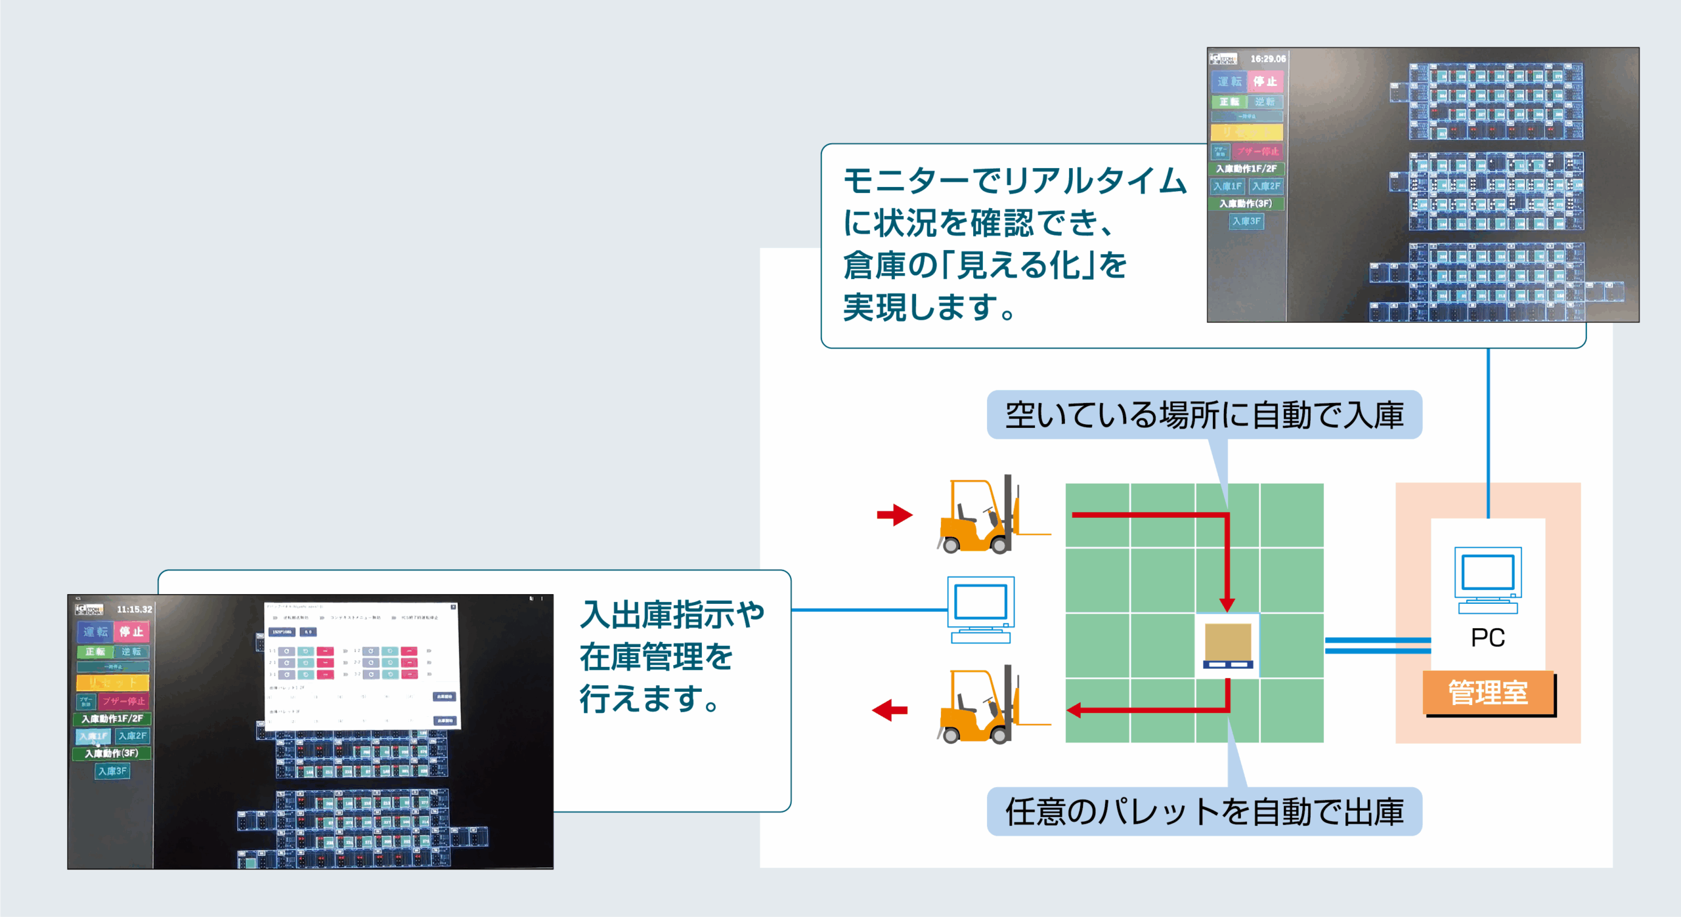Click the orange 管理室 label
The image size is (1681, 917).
[1488, 693]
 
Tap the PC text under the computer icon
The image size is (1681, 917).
[1488, 637]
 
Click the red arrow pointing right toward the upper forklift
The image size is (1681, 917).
[894, 515]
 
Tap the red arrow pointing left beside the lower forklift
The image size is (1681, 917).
[890, 710]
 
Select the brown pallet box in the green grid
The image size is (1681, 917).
[1228, 644]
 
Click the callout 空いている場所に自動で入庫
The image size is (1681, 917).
[1204, 415]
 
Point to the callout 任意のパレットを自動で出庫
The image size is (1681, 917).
[1204, 811]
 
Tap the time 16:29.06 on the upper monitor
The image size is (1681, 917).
[1268, 59]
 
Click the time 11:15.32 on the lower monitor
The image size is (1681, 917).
[134, 609]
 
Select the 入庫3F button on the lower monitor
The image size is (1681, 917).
[112, 771]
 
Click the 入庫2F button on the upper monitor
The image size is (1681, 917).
[1266, 186]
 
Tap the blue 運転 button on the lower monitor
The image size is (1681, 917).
[95, 631]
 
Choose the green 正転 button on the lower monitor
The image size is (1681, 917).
[95, 651]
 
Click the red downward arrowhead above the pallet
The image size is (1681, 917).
[1227, 604]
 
